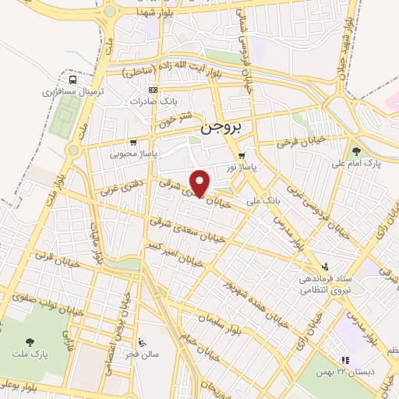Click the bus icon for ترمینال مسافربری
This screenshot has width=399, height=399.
[72, 79]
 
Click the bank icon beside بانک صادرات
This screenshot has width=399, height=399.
[154, 90]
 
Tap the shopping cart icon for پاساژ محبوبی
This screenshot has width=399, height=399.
[134, 143]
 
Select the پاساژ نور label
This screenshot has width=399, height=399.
[242, 167]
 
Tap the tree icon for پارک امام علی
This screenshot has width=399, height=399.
[356, 152]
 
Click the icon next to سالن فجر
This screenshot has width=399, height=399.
[141, 342]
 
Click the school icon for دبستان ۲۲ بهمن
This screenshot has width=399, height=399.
[344, 359]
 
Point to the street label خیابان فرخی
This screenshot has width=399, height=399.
[301, 142]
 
